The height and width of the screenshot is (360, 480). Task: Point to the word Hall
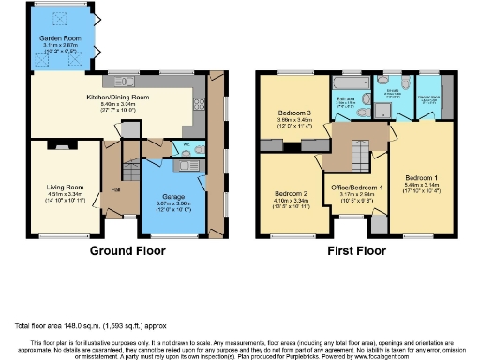coord(115,190)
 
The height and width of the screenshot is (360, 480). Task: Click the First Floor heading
coord(357,251)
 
